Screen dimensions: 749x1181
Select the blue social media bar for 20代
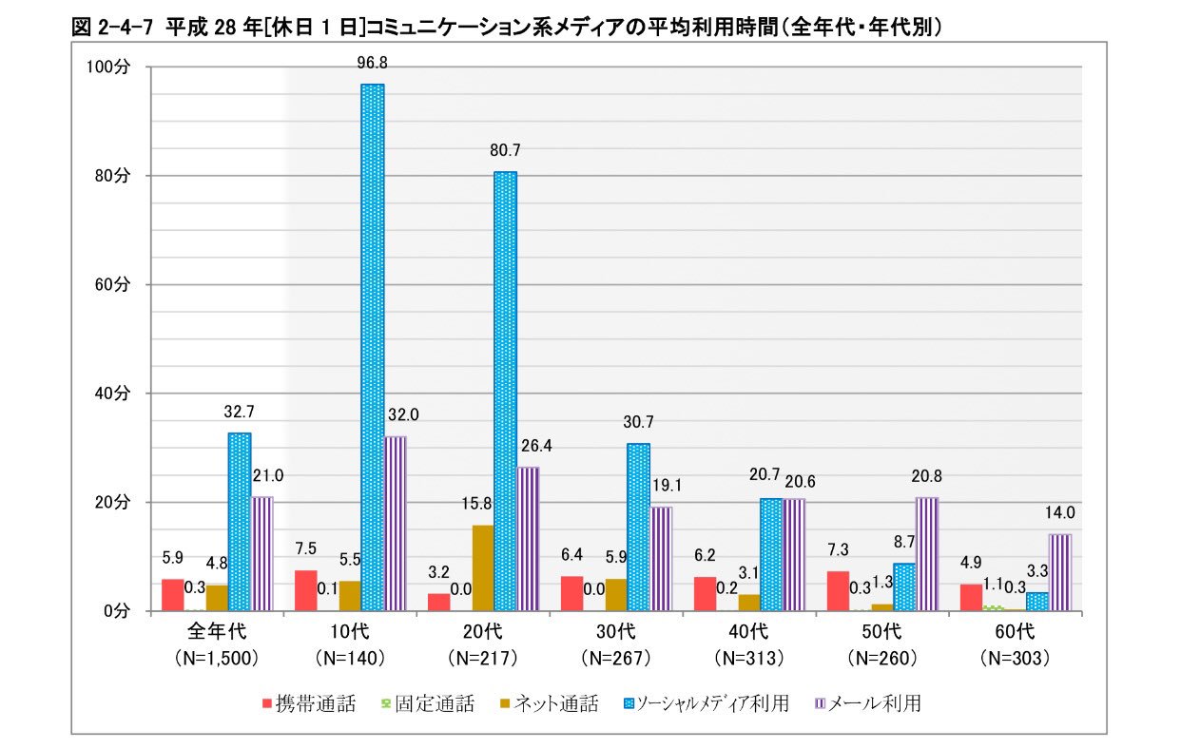click(x=505, y=391)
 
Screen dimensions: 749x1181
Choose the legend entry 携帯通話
click(x=307, y=704)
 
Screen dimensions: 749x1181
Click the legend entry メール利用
click(x=864, y=704)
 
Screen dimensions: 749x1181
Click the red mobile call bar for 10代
click(x=305, y=590)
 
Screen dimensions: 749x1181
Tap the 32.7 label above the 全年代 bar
click(x=239, y=412)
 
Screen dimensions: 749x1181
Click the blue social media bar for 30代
click(x=638, y=527)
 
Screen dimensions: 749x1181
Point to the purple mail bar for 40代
click(x=794, y=554)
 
